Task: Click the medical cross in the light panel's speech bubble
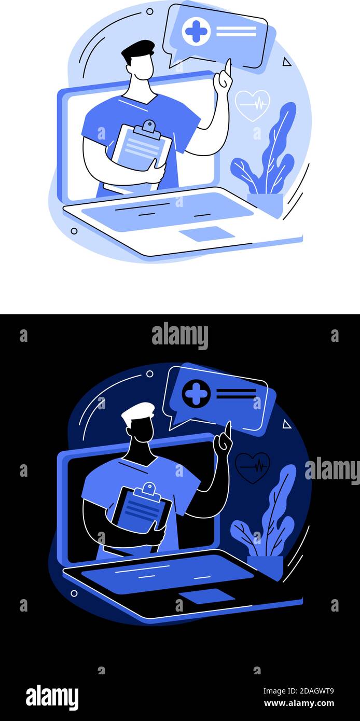tap(196, 32)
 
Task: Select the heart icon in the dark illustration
tap(252, 467)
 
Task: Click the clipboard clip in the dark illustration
tap(149, 489)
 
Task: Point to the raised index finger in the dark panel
tap(227, 429)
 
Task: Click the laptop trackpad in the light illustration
tap(207, 234)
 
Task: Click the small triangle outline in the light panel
tap(286, 62)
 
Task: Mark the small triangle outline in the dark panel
tap(286, 424)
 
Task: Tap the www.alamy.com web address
tap(299, 703)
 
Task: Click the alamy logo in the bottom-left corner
tap(52, 697)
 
